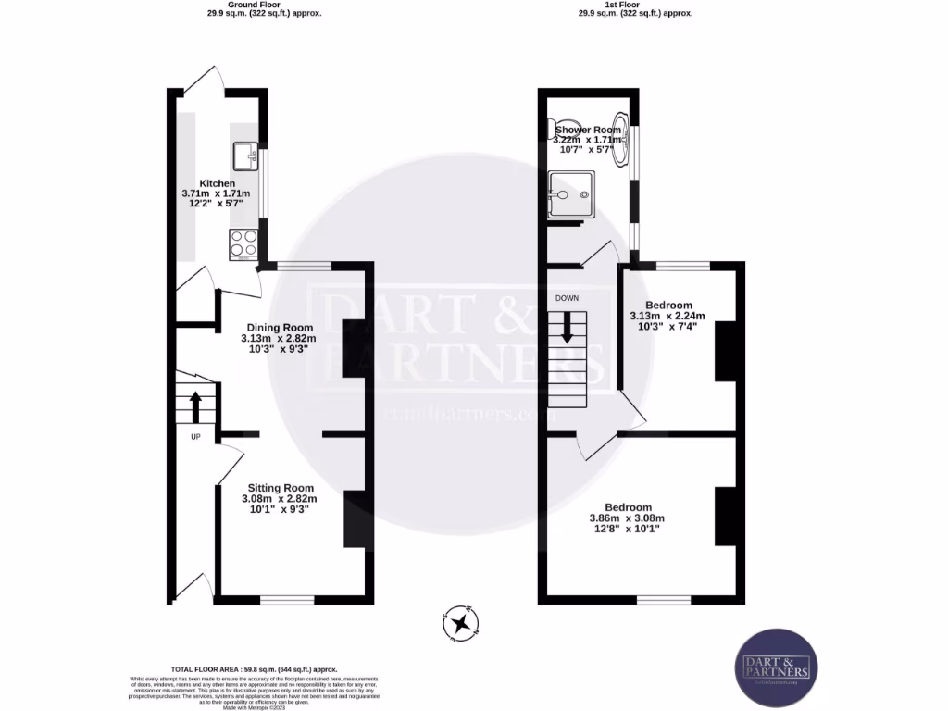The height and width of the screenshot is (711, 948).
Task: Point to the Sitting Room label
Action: (x=279, y=488)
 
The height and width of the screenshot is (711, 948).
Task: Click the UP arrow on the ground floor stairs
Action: (x=195, y=405)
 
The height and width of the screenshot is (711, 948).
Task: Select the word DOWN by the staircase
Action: (x=567, y=298)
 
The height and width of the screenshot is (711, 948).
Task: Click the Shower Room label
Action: (x=588, y=131)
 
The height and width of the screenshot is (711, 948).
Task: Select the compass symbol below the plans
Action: (x=459, y=623)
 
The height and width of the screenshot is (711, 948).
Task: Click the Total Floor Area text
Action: (x=254, y=668)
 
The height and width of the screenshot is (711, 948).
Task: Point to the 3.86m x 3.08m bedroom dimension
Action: (x=628, y=518)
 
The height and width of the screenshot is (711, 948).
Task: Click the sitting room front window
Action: (x=287, y=600)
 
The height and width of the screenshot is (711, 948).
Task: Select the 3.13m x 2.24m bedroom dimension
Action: (x=667, y=317)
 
